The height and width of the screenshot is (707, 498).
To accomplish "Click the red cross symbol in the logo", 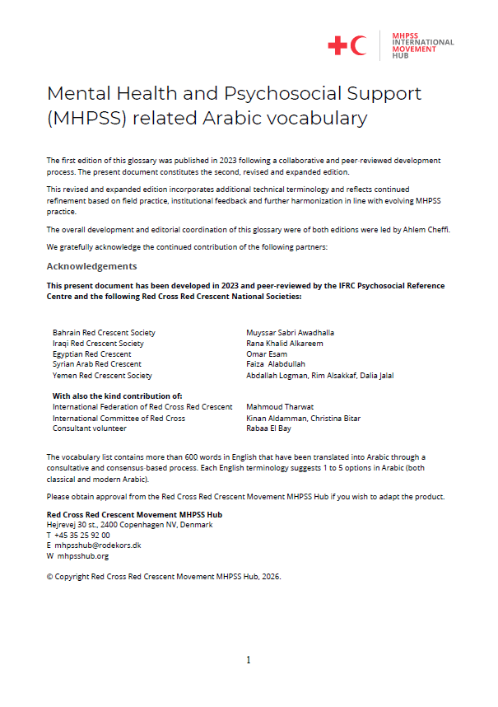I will (337, 46).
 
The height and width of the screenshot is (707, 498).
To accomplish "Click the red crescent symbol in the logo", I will (359, 46).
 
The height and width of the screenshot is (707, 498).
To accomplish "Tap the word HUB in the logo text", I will (400, 57).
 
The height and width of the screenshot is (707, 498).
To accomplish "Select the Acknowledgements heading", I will (91, 266).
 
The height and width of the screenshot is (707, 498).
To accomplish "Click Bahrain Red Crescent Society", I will (104, 333).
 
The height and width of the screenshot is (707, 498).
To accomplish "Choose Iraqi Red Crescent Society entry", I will (98, 344).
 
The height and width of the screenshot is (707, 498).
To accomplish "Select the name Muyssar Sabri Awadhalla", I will (290, 333).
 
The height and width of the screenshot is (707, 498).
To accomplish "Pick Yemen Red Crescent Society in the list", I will (102, 375).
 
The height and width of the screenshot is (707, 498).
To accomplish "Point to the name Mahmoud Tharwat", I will (281, 407).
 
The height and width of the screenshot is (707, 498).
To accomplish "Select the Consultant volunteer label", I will (90, 428).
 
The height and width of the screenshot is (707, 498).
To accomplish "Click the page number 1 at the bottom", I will (249, 660).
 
